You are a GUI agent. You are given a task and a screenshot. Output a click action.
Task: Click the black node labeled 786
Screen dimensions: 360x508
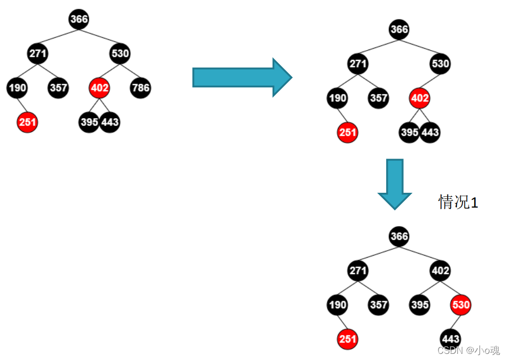click(x=140, y=88)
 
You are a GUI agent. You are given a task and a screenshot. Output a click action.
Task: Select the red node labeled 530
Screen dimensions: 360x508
click(x=460, y=305)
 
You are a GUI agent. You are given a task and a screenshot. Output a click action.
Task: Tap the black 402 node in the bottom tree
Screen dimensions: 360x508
click(x=440, y=271)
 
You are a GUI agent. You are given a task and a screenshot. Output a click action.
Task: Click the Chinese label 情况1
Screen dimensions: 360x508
click(x=458, y=202)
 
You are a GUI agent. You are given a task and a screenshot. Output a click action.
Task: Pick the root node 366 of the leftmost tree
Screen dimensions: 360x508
click(x=79, y=19)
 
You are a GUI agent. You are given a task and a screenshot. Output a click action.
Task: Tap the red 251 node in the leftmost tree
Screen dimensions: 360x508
click(x=27, y=122)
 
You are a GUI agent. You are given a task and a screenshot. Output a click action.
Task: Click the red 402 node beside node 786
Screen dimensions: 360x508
click(x=99, y=88)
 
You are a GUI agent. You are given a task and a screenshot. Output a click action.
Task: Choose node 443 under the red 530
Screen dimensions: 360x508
click(x=450, y=339)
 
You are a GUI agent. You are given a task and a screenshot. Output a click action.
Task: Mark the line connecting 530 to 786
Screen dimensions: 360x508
click(x=130, y=71)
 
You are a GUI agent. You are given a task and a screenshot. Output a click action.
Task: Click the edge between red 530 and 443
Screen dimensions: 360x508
click(x=455, y=322)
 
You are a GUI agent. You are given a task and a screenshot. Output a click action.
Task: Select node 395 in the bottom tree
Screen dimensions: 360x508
click(x=419, y=305)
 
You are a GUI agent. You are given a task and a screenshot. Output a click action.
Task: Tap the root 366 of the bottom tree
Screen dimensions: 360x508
click(x=399, y=237)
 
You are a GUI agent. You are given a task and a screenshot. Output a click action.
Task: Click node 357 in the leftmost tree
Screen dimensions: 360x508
click(x=58, y=88)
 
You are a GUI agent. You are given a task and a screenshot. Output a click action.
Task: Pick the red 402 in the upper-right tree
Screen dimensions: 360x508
click(x=419, y=98)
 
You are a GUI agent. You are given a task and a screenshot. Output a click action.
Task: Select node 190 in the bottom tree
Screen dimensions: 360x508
click(x=337, y=305)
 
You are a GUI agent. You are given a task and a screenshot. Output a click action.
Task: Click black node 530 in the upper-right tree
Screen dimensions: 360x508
click(x=440, y=64)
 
